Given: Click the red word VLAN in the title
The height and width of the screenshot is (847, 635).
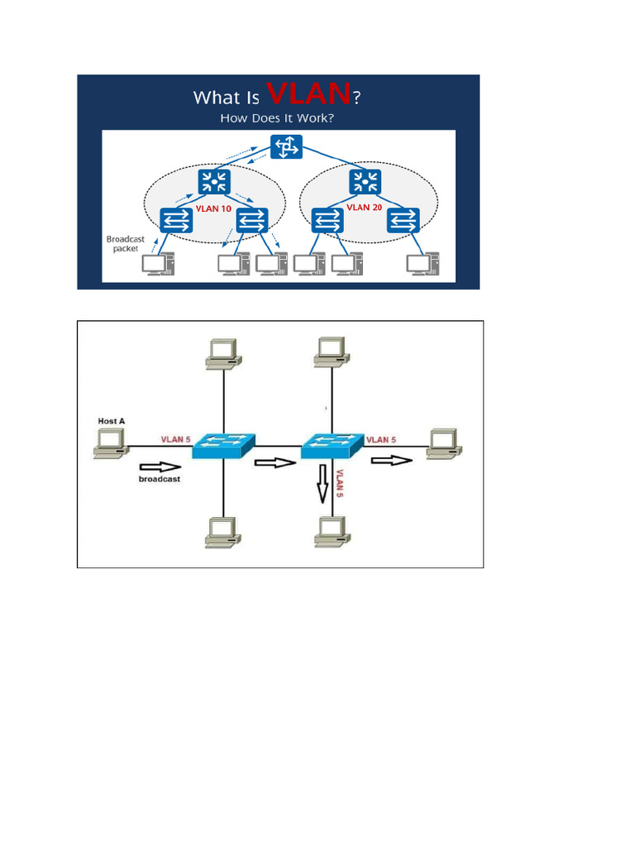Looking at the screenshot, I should [x=311, y=95].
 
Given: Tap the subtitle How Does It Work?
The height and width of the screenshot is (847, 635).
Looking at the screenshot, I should [x=277, y=118].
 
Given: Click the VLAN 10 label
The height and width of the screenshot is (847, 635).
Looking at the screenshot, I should [x=213, y=208].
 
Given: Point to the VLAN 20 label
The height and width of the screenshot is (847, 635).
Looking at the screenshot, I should [x=364, y=208].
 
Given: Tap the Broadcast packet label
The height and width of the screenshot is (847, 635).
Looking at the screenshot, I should [x=126, y=243].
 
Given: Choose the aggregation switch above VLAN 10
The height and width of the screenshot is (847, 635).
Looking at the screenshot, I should [x=213, y=180].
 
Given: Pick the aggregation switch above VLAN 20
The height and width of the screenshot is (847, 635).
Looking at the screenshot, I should [x=364, y=180].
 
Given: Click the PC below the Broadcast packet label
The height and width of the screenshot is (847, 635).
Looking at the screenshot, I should [x=157, y=265].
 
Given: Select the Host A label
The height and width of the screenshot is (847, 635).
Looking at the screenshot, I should [x=112, y=421].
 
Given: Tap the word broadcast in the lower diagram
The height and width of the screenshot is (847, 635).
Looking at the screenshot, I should [x=160, y=479].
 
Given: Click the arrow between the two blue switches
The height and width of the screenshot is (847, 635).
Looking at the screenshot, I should [x=275, y=464].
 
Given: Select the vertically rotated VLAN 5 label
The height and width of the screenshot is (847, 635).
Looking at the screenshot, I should [x=339, y=483].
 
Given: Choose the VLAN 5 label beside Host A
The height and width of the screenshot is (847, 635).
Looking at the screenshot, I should [x=177, y=439].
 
